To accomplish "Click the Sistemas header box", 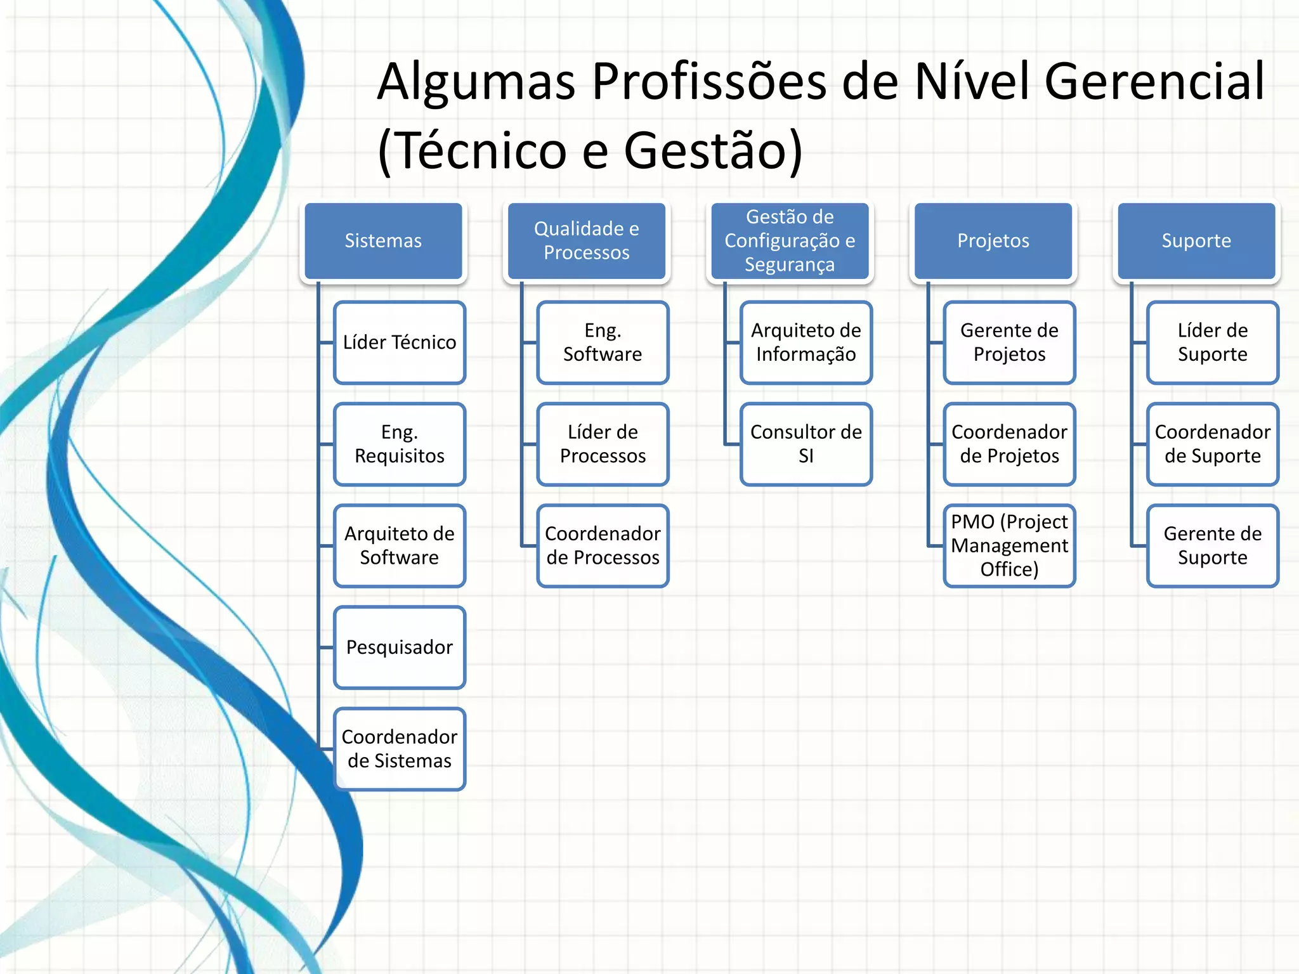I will pyautogui.click(x=383, y=241).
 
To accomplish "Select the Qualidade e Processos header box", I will pyautogui.click(x=586, y=241).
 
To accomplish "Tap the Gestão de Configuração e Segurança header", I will pyautogui.click(x=790, y=241).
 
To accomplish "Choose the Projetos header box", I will pyautogui.click(x=993, y=241).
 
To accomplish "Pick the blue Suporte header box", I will pyautogui.click(x=1196, y=241).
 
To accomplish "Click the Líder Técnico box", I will pyautogui.click(x=400, y=342).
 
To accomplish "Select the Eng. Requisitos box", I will pyautogui.click(x=400, y=444).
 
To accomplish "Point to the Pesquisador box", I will pyautogui.click(x=400, y=647).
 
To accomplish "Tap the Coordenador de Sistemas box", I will pyautogui.click(x=400, y=749).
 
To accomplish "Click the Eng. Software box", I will pyautogui.click(x=603, y=342).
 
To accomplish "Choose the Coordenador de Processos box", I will pyautogui.click(x=603, y=545).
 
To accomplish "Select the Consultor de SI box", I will pyautogui.click(x=806, y=444).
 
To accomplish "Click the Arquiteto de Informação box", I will pyautogui.click(x=806, y=342).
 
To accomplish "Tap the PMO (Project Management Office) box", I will pyautogui.click(x=1009, y=545).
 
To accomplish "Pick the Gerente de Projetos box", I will pyautogui.click(x=1009, y=342).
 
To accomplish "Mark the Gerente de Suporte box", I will pyautogui.click(x=1213, y=545).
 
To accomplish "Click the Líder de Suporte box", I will pyautogui.click(x=1213, y=342).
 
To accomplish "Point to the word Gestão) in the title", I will pyautogui.click(x=713, y=151).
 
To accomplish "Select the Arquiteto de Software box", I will pyautogui.click(x=400, y=545).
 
